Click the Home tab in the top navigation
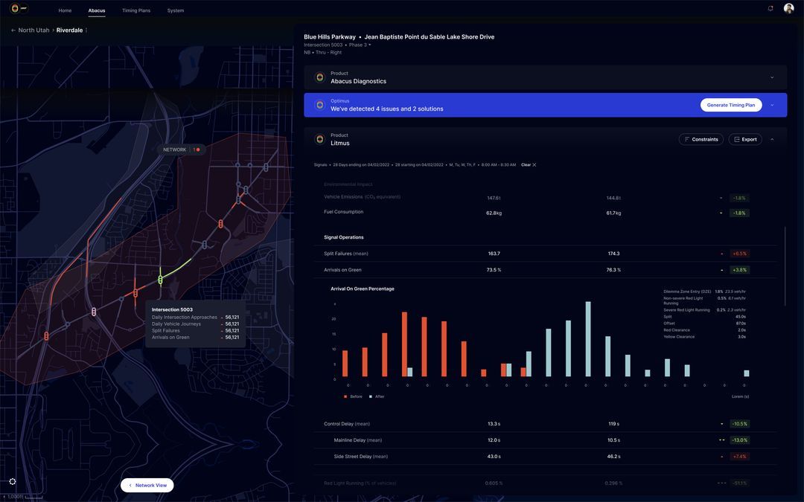[x=65, y=10]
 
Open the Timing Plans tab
[x=136, y=10]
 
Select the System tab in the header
[x=176, y=10]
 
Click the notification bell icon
[x=770, y=9]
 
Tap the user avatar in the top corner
[x=788, y=9]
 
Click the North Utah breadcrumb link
[x=33, y=30]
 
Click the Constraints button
[x=701, y=139]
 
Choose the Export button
[x=744, y=139]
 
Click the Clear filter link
[x=528, y=164]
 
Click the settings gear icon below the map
[x=13, y=481]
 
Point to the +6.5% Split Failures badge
[x=739, y=254]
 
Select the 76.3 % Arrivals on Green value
[x=613, y=270]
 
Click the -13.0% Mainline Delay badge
[x=739, y=440]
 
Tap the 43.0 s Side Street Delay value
[x=494, y=457]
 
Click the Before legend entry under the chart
[x=354, y=396]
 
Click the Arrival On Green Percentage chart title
[x=363, y=289]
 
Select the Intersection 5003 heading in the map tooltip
[x=172, y=309]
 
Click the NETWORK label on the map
[x=175, y=149]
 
